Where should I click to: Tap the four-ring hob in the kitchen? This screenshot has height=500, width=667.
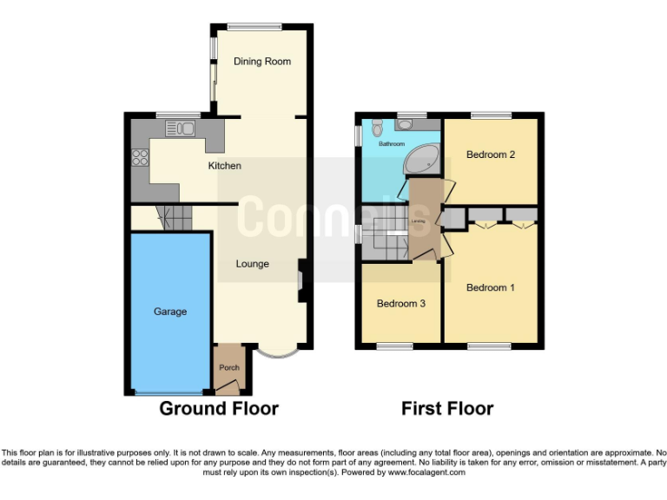[x=139, y=158]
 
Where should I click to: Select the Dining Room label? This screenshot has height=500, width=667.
[x=261, y=62]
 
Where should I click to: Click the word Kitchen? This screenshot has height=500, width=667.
[x=224, y=166]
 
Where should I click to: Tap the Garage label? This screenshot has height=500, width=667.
[x=170, y=312]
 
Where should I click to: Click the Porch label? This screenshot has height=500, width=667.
[x=228, y=368]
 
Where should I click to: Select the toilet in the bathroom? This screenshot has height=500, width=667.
[x=375, y=128]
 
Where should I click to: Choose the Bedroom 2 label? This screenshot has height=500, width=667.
[x=491, y=155]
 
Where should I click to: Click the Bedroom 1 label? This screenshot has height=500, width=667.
[x=491, y=287]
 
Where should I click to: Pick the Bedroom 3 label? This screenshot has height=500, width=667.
[x=400, y=304]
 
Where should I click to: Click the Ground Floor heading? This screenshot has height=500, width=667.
[x=219, y=408]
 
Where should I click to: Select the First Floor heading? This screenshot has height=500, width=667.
[x=447, y=408]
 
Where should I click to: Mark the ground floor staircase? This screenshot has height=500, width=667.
[x=173, y=217]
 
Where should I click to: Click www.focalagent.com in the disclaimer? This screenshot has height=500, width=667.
[x=426, y=473]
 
